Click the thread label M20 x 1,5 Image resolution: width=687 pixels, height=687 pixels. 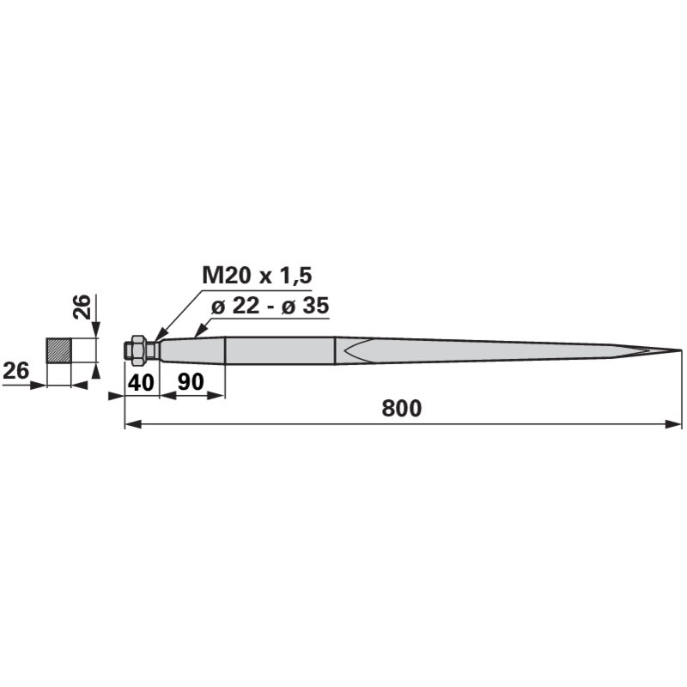pos(257,276)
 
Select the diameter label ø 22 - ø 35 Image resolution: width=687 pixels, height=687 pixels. pos(270,306)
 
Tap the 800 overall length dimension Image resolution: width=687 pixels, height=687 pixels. pos(401,408)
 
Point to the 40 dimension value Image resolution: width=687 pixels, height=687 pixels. pos(141,382)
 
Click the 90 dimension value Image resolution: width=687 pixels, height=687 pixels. pos(191,382)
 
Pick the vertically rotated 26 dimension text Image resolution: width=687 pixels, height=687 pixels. pos(82,307)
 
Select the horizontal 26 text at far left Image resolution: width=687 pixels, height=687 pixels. pos(15,371)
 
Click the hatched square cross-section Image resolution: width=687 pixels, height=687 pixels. pos(58,350)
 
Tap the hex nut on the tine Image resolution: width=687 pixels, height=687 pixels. pos(138,349)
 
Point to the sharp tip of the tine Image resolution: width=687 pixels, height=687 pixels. pos(681,350)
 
